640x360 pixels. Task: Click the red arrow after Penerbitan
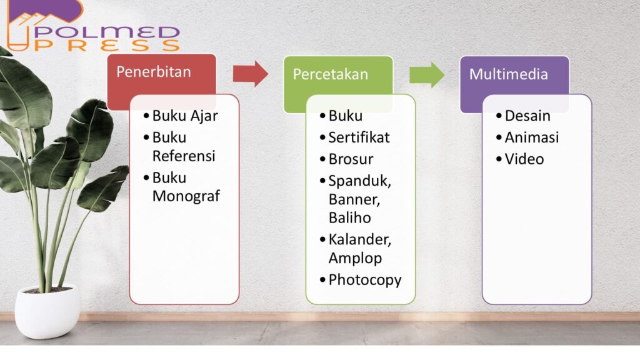click(x=250, y=74)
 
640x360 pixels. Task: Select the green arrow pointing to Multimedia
click(x=427, y=75)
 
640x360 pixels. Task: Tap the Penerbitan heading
click(x=154, y=72)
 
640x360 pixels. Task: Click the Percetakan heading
click(x=330, y=74)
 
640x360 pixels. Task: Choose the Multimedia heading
click(x=508, y=74)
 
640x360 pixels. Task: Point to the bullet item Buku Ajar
click(x=185, y=116)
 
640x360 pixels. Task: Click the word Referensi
click(x=184, y=156)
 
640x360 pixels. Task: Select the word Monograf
click(x=186, y=196)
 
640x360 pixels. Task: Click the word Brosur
click(x=351, y=159)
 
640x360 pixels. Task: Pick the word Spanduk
click(x=359, y=181)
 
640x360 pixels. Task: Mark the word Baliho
click(x=350, y=218)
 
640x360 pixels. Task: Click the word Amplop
click(x=355, y=258)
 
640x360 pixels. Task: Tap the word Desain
click(x=527, y=116)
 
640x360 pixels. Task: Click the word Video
click(x=524, y=159)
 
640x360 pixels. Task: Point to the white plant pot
click(x=47, y=311)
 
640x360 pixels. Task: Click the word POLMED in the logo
click(x=107, y=32)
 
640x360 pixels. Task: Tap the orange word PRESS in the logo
click(x=107, y=45)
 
